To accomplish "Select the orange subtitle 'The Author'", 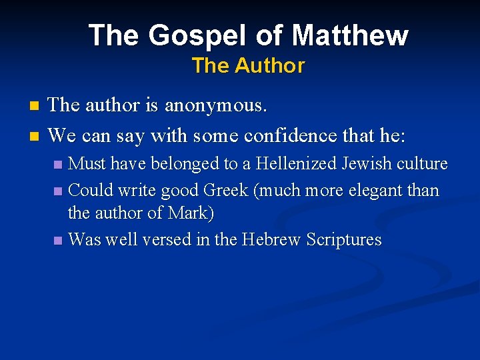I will click(248, 66).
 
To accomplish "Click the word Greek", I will click(225, 190).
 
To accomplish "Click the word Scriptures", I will click(343, 239).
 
